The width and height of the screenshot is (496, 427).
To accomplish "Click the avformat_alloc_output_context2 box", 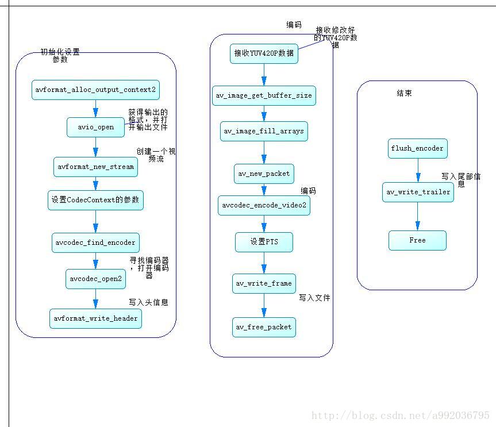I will [95, 90].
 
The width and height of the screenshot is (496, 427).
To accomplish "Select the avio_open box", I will [95, 127].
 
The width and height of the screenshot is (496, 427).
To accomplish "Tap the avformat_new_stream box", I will [95, 167].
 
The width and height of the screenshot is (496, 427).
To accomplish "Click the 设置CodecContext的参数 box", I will [95, 201].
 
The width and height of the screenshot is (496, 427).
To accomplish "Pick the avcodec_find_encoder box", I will [95, 243].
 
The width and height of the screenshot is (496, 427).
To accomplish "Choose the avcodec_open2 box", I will [95, 279].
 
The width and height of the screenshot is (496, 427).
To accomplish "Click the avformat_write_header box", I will [95, 318].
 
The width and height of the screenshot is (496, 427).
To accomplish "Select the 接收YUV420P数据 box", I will [264, 53].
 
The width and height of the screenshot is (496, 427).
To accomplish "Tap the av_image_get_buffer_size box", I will [264, 95].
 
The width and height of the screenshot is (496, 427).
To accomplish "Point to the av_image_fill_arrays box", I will [264, 131].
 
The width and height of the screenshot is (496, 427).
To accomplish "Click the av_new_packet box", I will [264, 174].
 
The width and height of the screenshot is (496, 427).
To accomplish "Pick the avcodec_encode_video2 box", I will [264, 206].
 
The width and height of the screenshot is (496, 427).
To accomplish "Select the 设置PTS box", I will [264, 242].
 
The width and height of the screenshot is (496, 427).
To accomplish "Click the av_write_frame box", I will [264, 283].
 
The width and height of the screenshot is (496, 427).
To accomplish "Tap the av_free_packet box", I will [264, 327].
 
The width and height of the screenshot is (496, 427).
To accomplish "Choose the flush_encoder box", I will [417, 148].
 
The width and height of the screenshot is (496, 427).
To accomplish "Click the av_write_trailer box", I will [417, 192].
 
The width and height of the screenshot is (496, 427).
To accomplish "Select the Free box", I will [417, 240].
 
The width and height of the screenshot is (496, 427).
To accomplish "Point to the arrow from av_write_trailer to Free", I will [417, 216].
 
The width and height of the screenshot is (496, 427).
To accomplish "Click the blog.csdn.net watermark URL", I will [400, 416].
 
